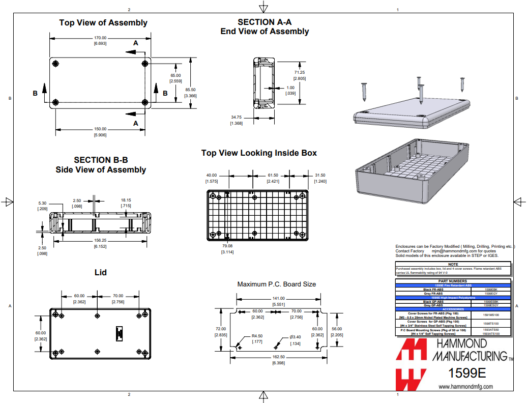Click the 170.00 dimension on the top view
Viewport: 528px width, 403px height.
(100, 38)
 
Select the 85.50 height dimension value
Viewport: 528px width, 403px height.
(190, 90)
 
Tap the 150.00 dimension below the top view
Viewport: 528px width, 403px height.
(100, 129)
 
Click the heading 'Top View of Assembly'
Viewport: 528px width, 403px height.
(103, 22)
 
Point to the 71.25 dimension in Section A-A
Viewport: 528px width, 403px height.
(300, 72)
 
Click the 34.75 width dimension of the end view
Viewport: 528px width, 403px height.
(236, 117)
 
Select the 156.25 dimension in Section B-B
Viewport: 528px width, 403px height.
(100, 240)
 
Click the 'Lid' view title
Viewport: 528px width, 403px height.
(101, 273)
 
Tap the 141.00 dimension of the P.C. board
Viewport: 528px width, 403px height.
(278, 298)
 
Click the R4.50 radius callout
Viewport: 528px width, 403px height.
(257, 336)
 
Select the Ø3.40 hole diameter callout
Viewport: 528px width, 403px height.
(296, 337)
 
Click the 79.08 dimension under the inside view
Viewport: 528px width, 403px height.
(227, 246)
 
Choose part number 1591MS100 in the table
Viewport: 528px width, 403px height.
(491, 315)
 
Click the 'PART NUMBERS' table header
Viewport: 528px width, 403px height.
(453, 281)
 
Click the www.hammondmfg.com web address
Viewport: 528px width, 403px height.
(465, 387)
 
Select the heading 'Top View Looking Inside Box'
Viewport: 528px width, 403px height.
(259, 153)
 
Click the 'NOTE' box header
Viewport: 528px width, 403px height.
(453, 265)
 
